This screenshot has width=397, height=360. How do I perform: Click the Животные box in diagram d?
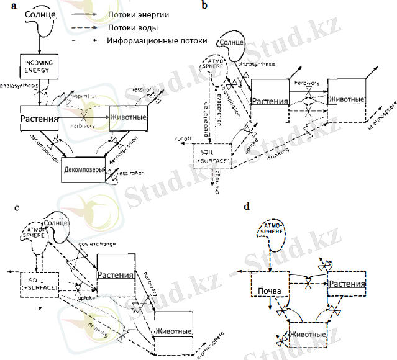pos(308,335)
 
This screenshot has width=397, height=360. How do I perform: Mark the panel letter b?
pos(205,7)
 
